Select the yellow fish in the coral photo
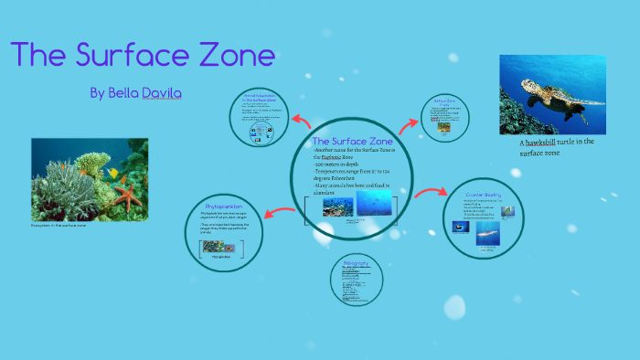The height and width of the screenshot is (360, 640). [x=113, y=174]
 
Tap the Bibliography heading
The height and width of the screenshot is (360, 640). [x=356, y=263]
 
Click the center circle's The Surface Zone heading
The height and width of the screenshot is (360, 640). [x=352, y=142]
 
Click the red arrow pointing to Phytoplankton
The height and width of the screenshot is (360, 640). [x=277, y=214]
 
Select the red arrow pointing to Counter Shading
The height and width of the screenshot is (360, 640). [x=428, y=193]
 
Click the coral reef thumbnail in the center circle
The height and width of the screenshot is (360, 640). [x=337, y=207]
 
